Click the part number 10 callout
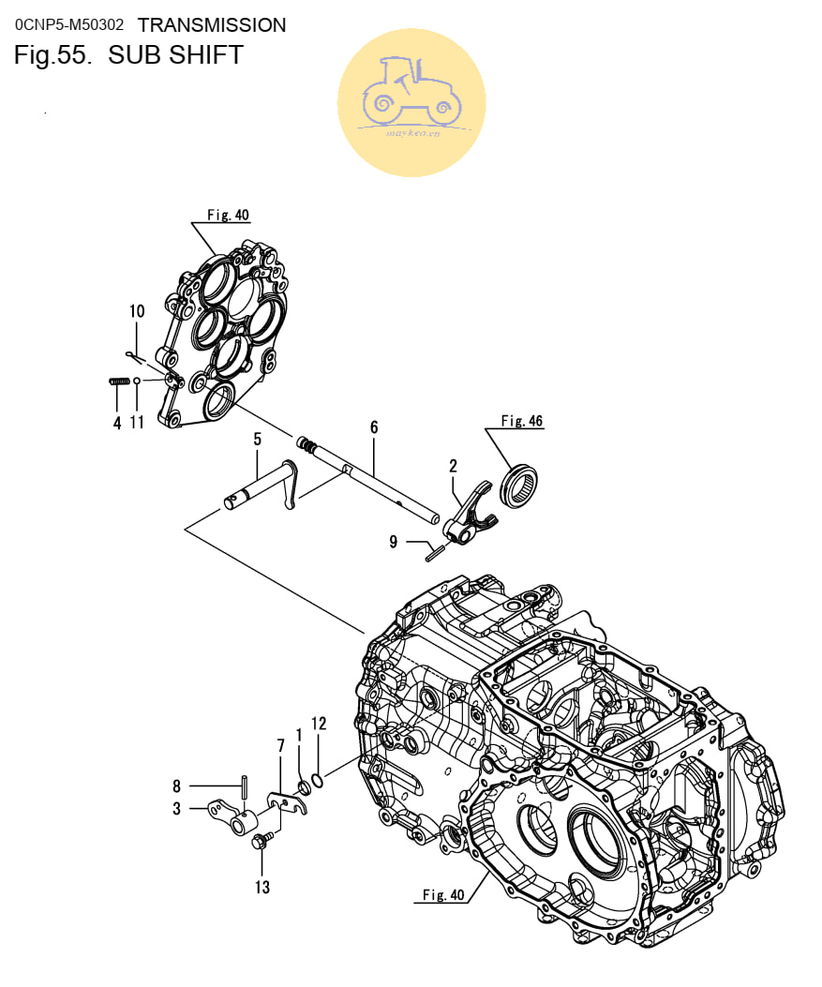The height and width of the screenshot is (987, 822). (x=137, y=311)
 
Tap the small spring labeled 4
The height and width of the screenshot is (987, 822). (x=119, y=381)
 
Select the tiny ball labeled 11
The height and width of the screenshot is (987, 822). (x=137, y=381)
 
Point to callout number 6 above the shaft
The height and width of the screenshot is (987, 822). (x=374, y=427)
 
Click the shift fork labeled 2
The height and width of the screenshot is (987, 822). (x=472, y=515)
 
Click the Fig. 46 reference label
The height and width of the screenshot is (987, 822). (x=522, y=421)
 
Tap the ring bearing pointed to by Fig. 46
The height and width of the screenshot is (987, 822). (x=518, y=486)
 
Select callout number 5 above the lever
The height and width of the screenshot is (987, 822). (x=258, y=439)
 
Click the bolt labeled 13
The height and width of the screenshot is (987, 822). (x=262, y=841)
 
